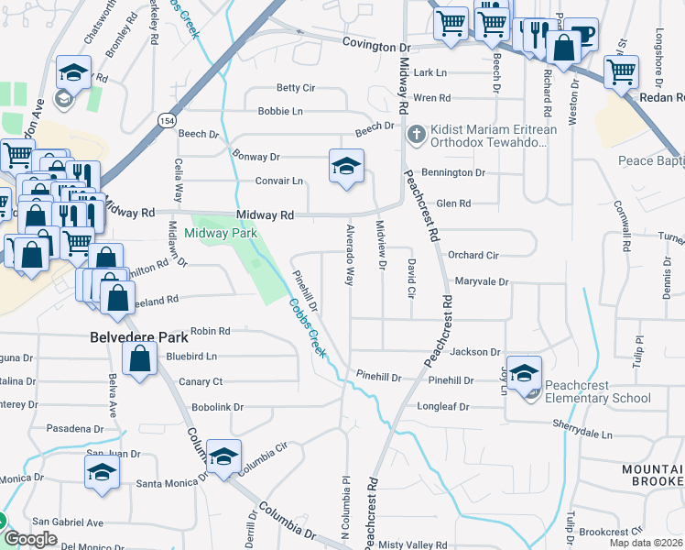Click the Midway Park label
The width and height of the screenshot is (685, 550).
click(x=221, y=234)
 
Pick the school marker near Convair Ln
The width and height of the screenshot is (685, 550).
click(x=346, y=167)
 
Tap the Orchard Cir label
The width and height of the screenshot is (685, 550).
click(x=473, y=256)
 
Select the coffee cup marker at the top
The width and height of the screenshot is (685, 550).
click(x=581, y=34)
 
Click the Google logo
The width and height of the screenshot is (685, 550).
click(x=30, y=539)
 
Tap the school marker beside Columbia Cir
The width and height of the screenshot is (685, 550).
click(x=223, y=456)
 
